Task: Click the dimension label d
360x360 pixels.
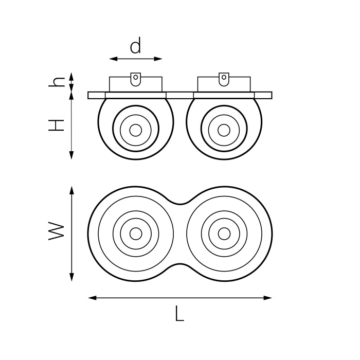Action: point(135,47)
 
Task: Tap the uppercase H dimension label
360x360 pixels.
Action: point(56,125)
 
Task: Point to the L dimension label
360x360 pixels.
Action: point(178,314)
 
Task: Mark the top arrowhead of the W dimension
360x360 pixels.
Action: point(71,190)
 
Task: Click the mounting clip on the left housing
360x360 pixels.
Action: point(136,79)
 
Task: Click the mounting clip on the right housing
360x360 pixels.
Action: point(224,79)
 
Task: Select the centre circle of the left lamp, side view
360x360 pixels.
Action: point(136,130)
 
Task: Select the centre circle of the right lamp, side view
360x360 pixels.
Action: point(224,130)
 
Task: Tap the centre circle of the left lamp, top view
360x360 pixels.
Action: point(136,233)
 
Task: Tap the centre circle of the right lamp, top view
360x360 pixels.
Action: point(224,233)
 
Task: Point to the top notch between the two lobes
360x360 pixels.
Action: point(179,203)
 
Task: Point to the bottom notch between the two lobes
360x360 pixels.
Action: point(179,264)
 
